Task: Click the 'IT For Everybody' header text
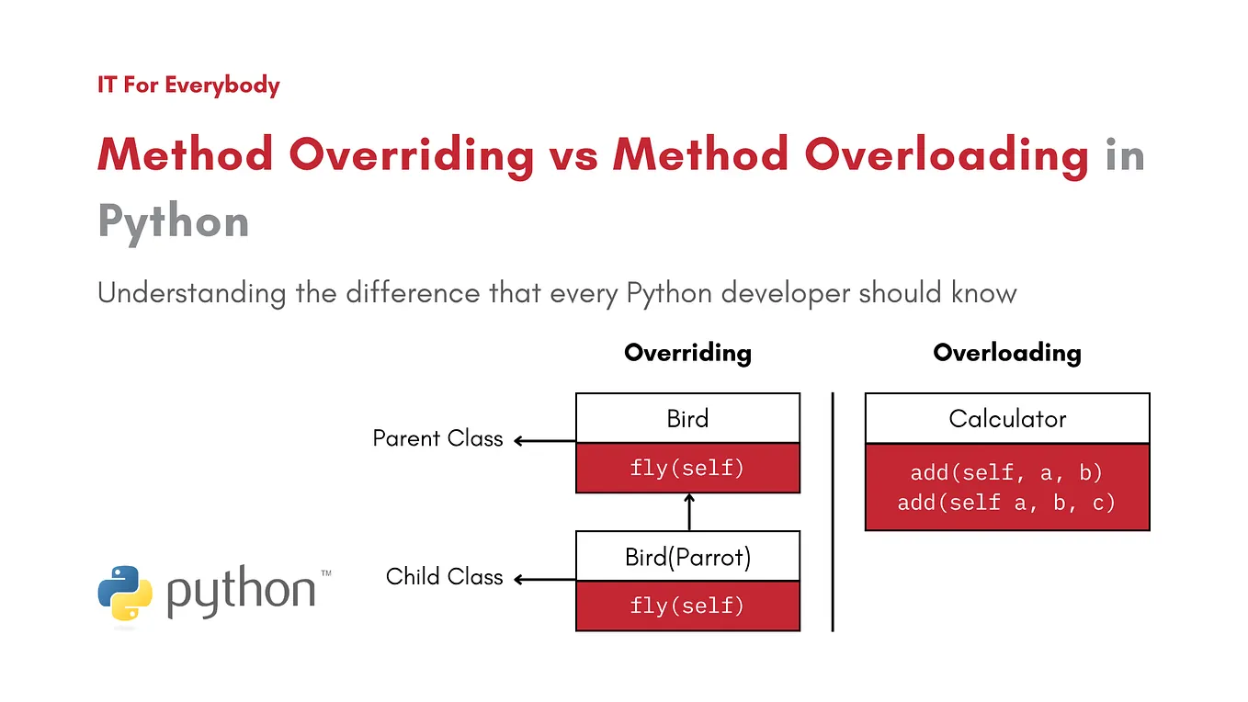[188, 85]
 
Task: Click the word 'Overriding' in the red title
[411, 153]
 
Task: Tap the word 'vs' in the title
[573, 153]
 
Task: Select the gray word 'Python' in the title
[174, 221]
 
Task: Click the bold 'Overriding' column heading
[687, 353]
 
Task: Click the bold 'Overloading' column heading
[1006, 353]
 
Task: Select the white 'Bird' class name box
[687, 419]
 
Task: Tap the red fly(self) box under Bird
[687, 468]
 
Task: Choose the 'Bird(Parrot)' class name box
[687, 557]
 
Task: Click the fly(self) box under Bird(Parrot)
[687, 606]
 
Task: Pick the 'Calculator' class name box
[1007, 419]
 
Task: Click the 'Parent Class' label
[437, 438]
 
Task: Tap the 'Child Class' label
[444, 577]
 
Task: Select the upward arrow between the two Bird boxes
[688, 512]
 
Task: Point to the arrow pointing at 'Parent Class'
[543, 441]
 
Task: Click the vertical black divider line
[833, 512]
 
